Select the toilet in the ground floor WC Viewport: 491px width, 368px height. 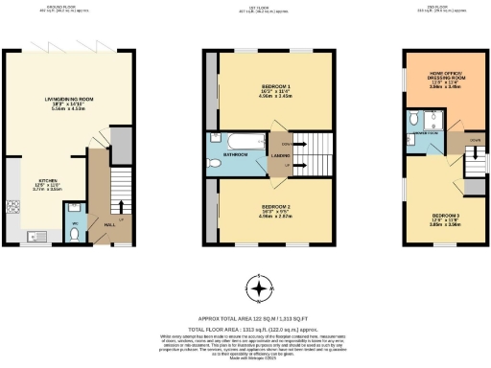click(76, 233)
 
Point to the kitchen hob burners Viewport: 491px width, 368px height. click(12, 204)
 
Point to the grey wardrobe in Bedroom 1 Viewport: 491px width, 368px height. click(211, 92)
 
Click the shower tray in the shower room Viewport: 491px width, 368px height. click(433, 121)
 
